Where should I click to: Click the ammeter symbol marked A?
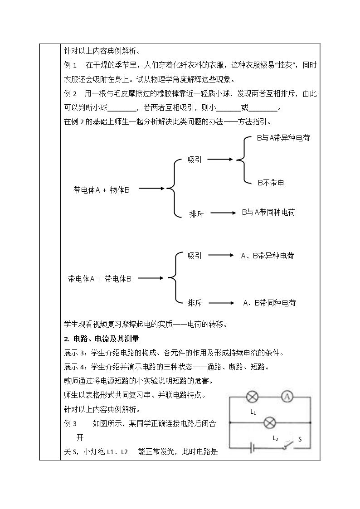coord(287,396)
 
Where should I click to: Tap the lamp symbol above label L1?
coord(253,397)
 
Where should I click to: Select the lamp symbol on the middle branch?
coord(269,422)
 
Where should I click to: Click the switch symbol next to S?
coord(288,446)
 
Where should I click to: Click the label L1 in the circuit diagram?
coord(253,412)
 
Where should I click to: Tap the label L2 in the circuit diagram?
coord(275,439)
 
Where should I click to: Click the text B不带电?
coord(271,183)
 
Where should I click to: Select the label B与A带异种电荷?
coord(283,138)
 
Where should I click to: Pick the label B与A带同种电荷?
coord(268,212)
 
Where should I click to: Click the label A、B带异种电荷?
coord(268,256)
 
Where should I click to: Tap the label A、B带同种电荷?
coord(269,303)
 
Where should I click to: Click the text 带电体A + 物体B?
coord(101,190)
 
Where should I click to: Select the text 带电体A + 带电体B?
coord(100,278)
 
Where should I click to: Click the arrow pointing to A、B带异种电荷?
coord(221,255)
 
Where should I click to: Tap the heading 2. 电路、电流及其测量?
coord(101,339)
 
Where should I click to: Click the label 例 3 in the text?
coord(70,423)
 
